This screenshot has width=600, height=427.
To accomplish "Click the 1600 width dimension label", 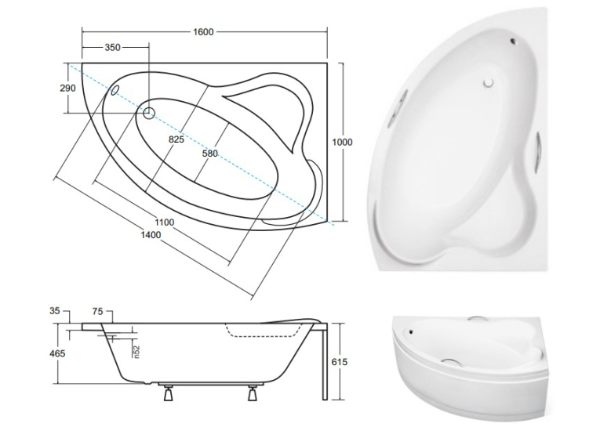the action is pos(203,31).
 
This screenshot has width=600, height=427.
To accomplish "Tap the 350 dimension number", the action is pos(112,48).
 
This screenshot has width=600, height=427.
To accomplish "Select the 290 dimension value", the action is pos(67,88).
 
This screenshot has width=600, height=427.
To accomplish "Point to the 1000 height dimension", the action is pos(342,143).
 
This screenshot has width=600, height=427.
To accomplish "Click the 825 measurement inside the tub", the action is pos(176,139).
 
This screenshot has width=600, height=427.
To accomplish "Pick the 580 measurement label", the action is pos(209,154).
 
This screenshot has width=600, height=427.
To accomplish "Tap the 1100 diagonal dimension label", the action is pos(164,222).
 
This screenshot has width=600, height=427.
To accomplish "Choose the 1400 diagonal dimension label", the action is pos(151,235).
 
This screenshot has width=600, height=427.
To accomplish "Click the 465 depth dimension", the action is pos(57,353).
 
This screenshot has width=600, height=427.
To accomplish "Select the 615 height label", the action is pos(340,362).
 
